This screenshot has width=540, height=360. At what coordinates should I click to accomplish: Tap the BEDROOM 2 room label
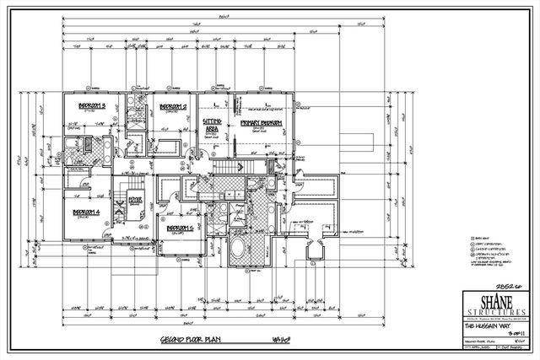173,107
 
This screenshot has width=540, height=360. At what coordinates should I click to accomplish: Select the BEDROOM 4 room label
87,212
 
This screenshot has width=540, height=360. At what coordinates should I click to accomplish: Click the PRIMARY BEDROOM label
261,123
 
